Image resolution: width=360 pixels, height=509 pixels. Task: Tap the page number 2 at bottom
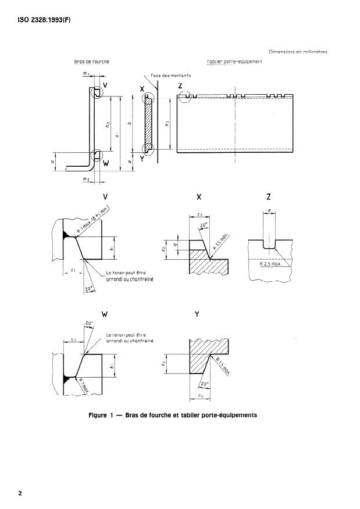click(20, 494)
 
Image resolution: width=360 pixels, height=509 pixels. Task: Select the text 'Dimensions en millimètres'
click(298, 52)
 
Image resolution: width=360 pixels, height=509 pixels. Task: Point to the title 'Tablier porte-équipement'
click(234, 61)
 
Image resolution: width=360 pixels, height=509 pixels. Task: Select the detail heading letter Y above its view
click(198, 314)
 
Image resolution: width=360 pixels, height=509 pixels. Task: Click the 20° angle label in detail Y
click(204, 384)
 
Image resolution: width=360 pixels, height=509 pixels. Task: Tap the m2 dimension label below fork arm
click(85, 181)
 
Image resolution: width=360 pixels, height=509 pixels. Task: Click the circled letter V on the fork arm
click(105, 85)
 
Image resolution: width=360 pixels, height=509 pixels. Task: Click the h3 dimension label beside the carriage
click(167, 123)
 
